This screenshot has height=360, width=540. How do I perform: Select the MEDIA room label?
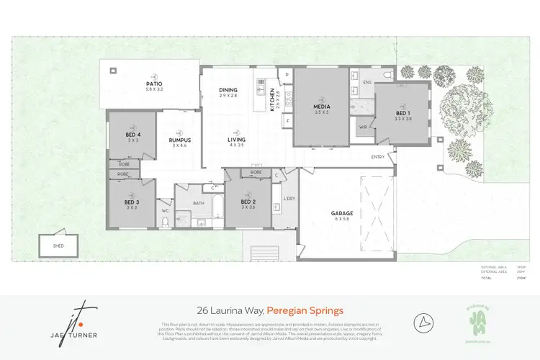(321, 106)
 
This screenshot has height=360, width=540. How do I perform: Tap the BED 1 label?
(403, 113)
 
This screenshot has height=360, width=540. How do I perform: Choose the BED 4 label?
(132, 134)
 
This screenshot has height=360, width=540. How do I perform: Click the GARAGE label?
(341, 213)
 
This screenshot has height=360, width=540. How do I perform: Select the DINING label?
(228, 90)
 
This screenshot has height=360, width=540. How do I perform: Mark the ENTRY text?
(378, 157)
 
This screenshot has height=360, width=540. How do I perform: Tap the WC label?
(165, 211)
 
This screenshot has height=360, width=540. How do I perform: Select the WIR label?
(363, 127)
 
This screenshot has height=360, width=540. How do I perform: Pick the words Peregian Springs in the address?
(305, 310)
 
